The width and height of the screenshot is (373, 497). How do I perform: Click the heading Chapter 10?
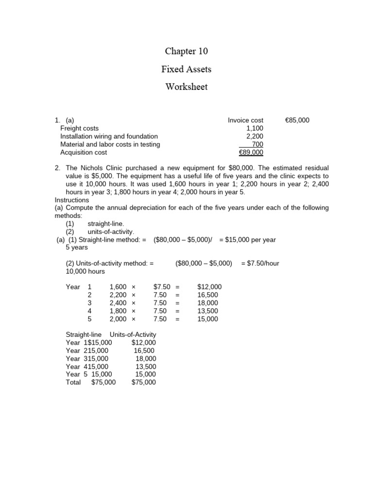tap(186, 51)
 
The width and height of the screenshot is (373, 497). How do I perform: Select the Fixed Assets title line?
tap(186, 69)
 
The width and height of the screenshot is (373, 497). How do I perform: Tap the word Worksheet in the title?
tap(186, 87)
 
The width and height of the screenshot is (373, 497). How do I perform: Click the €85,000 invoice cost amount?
tap(297, 120)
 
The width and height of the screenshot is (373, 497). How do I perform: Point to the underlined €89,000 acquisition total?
tap(251, 152)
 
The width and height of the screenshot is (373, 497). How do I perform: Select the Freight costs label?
tap(79, 128)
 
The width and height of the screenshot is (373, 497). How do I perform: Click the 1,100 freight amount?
tap(254, 128)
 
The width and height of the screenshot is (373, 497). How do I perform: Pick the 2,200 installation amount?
tap(254, 136)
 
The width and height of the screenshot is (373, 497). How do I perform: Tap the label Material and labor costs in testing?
tap(110, 144)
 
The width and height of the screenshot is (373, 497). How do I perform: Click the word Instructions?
tap(72, 200)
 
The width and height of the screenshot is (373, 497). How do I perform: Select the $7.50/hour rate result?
tap(260, 263)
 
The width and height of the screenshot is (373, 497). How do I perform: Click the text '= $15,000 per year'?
tap(248, 240)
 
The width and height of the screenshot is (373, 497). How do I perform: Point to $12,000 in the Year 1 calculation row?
tap(209, 287)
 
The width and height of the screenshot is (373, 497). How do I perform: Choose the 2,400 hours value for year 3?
tap(118, 303)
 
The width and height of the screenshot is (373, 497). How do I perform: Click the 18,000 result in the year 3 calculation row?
tap(208, 303)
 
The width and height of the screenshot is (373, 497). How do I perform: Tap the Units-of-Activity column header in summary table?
tap(133, 335)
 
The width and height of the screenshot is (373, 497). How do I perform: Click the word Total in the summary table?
tap(73, 382)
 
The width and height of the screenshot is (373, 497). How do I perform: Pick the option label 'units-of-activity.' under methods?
tap(111, 232)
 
